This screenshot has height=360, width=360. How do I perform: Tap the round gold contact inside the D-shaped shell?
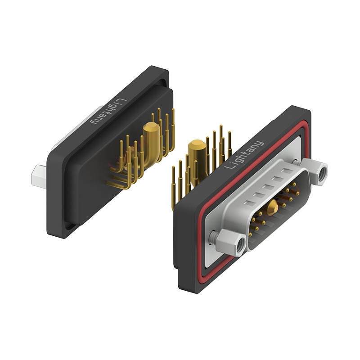(x=272, y=207)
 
